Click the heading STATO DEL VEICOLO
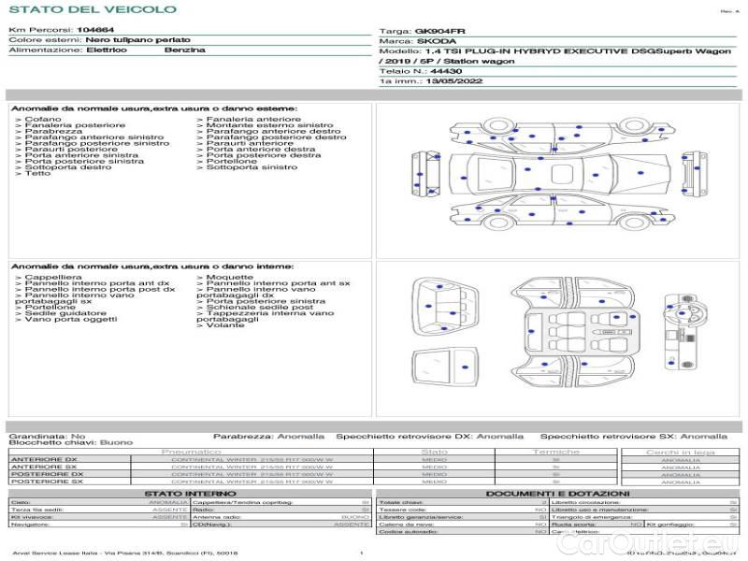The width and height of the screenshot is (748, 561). coord(92,9)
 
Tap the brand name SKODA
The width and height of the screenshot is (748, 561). coord(438,41)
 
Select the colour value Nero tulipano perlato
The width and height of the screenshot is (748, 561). coord(137,40)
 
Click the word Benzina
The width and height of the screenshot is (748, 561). coord(184,50)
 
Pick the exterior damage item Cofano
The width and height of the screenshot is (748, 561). coord(43,119)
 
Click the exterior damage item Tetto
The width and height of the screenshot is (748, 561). coord(37,173)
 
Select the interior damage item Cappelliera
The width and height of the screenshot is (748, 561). coord(52,277)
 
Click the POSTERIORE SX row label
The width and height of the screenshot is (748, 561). coord(45,481)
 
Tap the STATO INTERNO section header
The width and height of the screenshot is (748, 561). coord(183,493)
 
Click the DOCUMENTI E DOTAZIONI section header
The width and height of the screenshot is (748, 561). coord(557,493)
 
